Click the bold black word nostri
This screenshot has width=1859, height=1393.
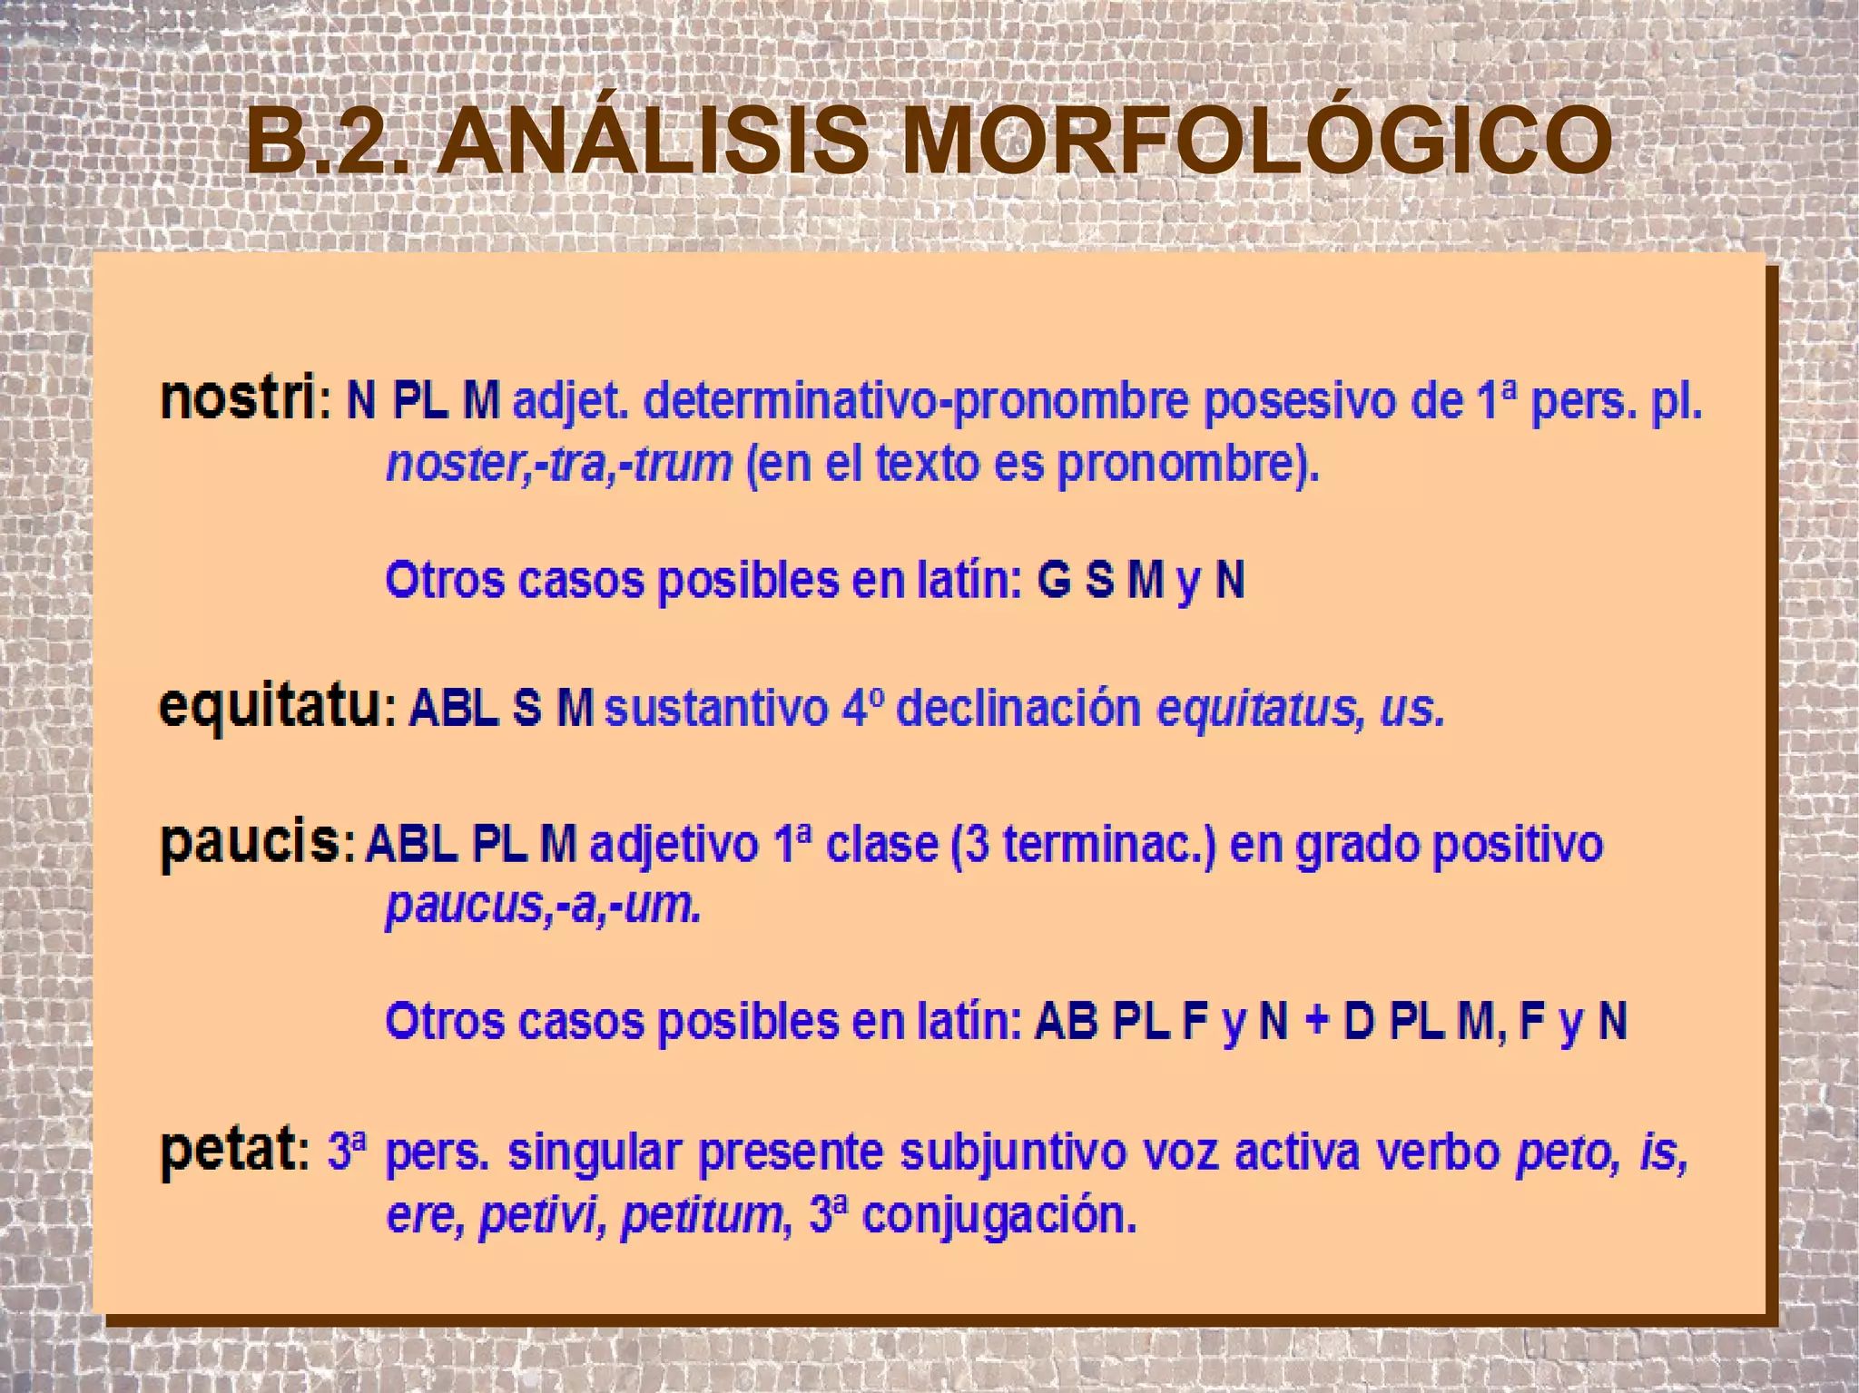point(237,398)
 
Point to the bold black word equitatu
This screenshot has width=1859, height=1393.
point(269,709)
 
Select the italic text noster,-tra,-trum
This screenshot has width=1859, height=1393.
point(558,465)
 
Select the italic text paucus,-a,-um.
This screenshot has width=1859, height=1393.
point(543,906)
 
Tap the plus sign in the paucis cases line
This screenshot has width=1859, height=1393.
point(1315,1022)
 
